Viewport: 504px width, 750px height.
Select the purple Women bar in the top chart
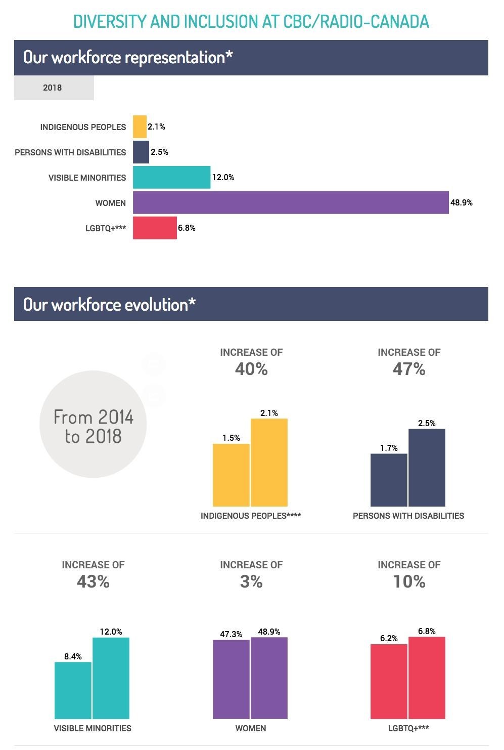[291, 202]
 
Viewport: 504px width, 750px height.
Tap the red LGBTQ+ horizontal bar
[155, 228]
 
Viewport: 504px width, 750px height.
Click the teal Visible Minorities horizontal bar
[171, 177]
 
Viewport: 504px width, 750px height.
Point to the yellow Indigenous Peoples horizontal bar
[140, 127]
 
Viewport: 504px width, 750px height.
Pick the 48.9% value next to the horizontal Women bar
[462, 202]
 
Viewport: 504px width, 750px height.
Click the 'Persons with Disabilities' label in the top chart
[70, 152]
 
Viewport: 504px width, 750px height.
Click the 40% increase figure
[251, 369]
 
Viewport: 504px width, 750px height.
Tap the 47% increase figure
[409, 369]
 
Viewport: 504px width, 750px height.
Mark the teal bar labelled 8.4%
[73, 690]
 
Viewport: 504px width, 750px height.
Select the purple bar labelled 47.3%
[231, 679]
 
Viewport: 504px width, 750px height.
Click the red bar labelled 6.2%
[389, 681]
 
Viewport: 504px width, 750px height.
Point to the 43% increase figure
[93, 581]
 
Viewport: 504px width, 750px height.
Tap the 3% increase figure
[251, 581]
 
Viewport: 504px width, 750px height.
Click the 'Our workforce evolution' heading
[109, 304]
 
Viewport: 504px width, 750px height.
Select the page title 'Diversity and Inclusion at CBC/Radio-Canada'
[251, 21]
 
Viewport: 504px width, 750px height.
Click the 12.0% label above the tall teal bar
[111, 632]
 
